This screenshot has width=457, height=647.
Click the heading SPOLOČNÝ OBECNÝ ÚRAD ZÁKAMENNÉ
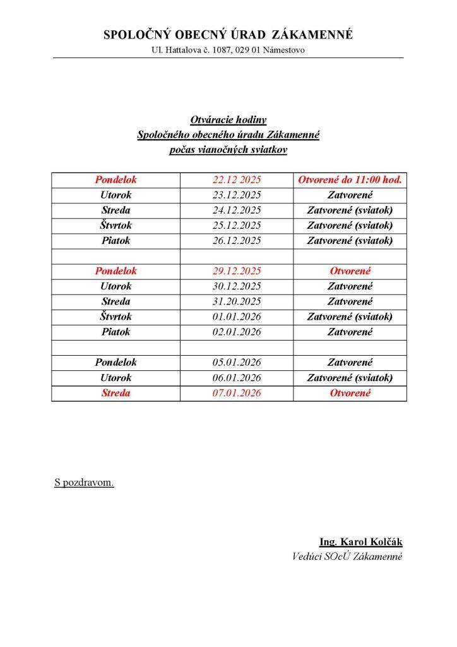(228, 35)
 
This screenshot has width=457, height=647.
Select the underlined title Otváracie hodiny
(228, 119)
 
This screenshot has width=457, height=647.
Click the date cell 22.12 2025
(237, 180)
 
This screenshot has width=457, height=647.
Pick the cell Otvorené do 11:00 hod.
(350, 180)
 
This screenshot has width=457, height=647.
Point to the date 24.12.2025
(237, 210)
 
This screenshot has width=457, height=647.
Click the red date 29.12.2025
(237, 271)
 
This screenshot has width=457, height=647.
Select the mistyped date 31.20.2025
(237, 301)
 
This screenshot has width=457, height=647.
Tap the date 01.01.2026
(237, 317)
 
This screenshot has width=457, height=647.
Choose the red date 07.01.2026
(237, 393)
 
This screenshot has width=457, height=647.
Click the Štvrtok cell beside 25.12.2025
(116, 226)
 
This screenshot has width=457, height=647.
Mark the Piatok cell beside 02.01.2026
(116, 332)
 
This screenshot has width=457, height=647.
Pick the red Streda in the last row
(116, 393)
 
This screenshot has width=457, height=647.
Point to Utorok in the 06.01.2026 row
(116, 378)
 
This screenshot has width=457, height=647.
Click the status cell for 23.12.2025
(350, 195)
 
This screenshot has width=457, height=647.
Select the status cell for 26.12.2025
(350, 241)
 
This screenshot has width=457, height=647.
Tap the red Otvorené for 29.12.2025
(350, 271)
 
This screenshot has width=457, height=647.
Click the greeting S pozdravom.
(85, 483)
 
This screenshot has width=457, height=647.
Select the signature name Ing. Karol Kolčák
(360, 542)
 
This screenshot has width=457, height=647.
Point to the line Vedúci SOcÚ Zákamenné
(347, 557)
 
